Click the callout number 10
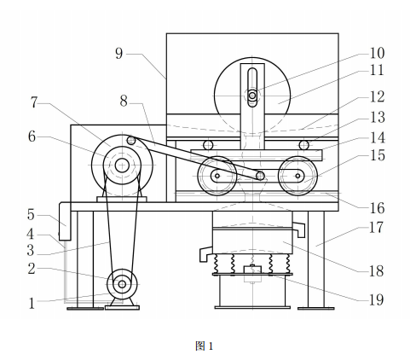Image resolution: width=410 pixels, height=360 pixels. (377, 53)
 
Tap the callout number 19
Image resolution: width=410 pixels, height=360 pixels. (377, 299)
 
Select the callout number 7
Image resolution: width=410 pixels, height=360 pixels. (34, 102)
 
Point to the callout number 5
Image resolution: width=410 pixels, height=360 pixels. (31, 215)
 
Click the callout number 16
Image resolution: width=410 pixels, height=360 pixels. (377, 208)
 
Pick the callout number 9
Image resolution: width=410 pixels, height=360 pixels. (119, 53)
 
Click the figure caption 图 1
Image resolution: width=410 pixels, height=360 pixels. (204, 346)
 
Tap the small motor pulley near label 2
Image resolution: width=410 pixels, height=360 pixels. (122, 284)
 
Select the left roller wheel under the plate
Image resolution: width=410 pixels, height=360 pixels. (217, 176)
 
